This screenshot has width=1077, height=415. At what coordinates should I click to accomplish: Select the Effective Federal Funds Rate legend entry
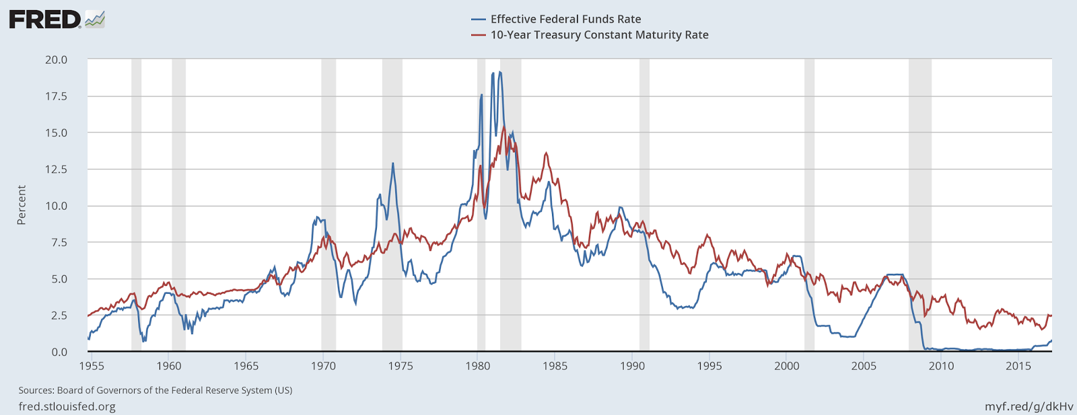[x=565, y=20]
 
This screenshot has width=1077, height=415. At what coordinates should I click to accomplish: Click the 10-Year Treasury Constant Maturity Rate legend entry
[x=598, y=35]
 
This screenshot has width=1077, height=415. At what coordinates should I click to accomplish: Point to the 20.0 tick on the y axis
[x=57, y=60]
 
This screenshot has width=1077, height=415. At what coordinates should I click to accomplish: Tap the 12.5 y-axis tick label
[x=57, y=169]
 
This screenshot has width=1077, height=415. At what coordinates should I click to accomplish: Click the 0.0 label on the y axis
[x=59, y=352]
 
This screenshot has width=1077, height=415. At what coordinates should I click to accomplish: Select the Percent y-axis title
[x=22, y=205]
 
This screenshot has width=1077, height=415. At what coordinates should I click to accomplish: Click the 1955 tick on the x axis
[x=92, y=366]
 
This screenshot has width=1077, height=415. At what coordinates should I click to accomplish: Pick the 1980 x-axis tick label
[x=477, y=366]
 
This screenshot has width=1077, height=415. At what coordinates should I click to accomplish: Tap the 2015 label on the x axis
[x=1018, y=366]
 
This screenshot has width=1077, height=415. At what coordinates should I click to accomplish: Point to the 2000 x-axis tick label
[x=787, y=366]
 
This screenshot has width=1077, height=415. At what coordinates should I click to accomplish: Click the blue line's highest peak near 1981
[x=499, y=72]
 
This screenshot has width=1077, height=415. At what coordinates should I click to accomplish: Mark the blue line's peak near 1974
[x=393, y=163]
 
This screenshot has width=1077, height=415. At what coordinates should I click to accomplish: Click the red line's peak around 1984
[x=546, y=153]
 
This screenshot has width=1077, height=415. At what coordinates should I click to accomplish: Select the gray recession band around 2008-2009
[x=919, y=202]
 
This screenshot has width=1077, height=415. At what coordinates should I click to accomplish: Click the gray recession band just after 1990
[x=644, y=202]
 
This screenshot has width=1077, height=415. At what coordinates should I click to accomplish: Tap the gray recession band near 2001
[x=809, y=202]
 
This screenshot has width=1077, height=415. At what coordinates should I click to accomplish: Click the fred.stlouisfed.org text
[x=67, y=406]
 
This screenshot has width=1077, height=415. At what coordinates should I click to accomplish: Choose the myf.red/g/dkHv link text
[x=1029, y=406]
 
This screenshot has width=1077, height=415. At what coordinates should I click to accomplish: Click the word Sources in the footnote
[x=36, y=390]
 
